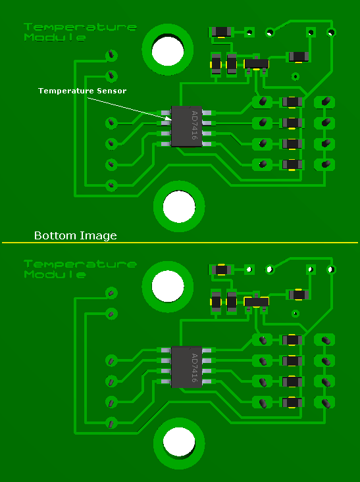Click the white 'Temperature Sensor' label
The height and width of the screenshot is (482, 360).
click(x=82, y=91)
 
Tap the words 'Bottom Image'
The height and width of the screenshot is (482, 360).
click(x=76, y=235)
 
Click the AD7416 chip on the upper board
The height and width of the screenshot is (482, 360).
click(x=186, y=126)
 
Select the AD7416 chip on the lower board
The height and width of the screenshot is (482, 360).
click(x=186, y=367)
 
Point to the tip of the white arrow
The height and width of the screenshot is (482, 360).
click(x=170, y=118)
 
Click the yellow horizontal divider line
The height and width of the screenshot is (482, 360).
click(x=180, y=243)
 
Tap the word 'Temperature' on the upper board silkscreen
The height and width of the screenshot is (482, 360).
click(x=80, y=27)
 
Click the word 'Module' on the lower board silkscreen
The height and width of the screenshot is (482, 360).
click(x=55, y=274)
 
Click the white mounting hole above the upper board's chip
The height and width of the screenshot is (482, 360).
click(x=168, y=50)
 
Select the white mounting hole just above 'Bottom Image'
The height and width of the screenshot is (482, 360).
click(x=179, y=206)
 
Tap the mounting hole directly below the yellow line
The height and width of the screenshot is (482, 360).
click(x=168, y=286)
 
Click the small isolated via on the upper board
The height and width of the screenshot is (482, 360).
click(x=296, y=76)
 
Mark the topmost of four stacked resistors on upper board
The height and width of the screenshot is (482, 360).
click(x=292, y=102)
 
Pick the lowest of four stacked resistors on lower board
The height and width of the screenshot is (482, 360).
click(x=292, y=402)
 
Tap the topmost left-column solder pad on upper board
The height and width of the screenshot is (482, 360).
click(x=111, y=55)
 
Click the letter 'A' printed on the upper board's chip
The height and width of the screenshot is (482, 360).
click(x=194, y=113)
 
